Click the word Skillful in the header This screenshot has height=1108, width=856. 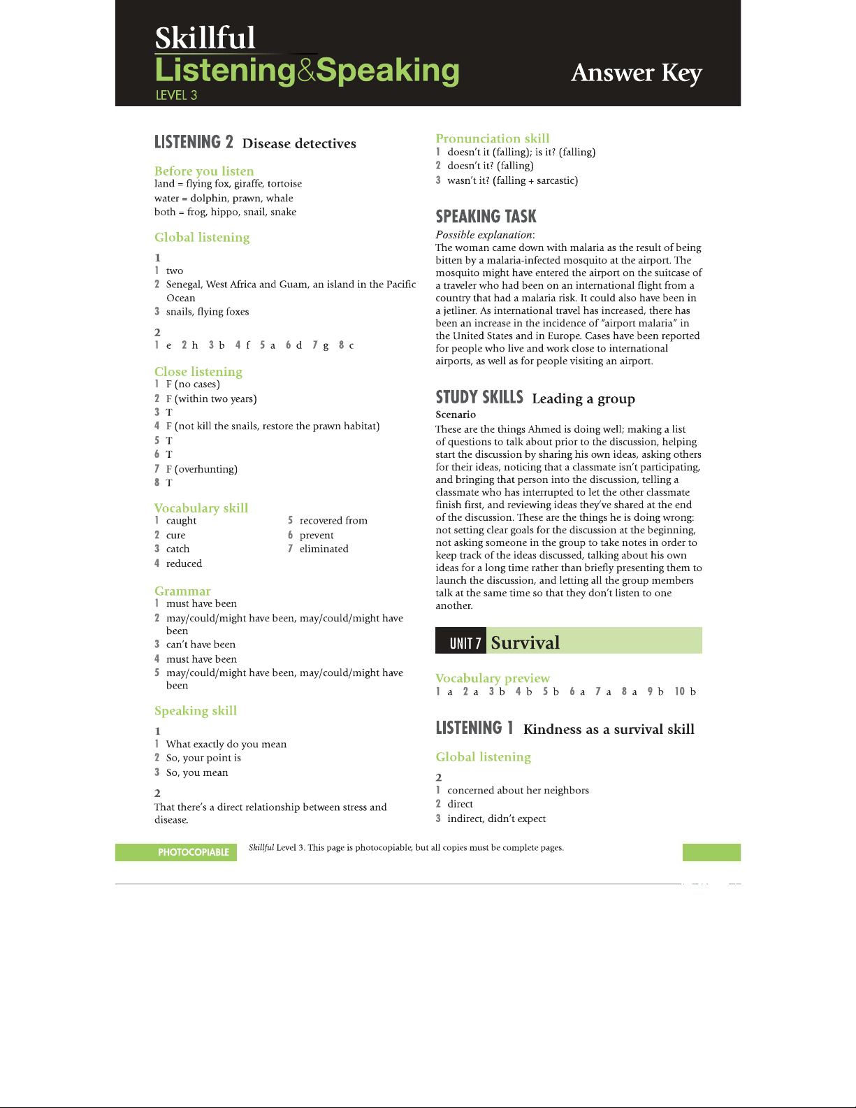(205, 38)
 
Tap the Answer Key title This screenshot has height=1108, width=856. (636, 73)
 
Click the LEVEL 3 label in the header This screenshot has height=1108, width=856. (176, 95)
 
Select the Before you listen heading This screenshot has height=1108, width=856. (204, 171)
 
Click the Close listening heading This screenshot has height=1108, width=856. (198, 372)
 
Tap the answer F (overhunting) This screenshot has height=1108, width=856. (202, 469)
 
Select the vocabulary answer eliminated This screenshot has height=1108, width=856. (324, 549)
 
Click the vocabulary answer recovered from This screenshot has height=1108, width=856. (333, 521)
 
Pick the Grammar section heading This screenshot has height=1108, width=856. (182, 591)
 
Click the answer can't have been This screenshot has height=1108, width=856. (201, 645)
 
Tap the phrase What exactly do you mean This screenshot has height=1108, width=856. (226, 744)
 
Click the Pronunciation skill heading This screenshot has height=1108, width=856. (493, 138)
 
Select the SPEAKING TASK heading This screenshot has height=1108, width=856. (486, 217)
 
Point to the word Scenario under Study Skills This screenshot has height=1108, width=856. (456, 415)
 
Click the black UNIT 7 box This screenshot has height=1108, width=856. (461, 642)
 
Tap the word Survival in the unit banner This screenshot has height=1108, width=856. (525, 642)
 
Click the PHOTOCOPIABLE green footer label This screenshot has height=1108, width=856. (193, 852)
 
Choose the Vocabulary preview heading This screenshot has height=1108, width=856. (493, 678)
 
